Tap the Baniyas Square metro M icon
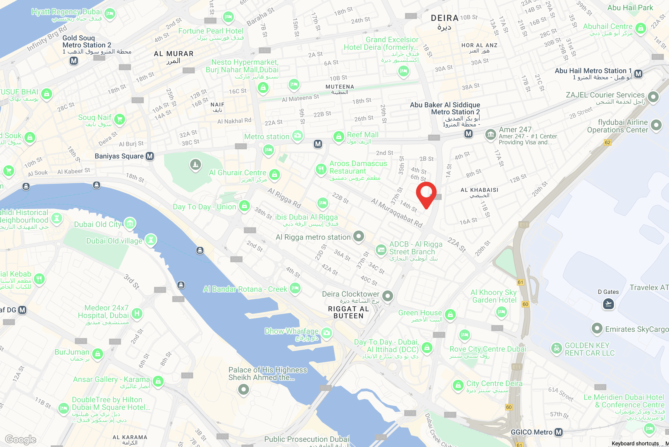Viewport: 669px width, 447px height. (x=150, y=156)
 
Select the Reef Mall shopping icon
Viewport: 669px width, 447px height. (x=339, y=137)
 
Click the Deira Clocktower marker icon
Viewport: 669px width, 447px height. (x=388, y=296)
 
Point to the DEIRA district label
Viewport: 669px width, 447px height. (x=444, y=18)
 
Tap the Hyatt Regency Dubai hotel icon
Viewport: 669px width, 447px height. (x=110, y=13)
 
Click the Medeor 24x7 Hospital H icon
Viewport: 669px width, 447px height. (x=137, y=313)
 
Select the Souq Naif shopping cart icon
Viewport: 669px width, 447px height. (x=120, y=119)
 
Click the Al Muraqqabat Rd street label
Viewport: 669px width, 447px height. (x=396, y=213)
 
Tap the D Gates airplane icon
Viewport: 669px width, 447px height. (x=608, y=304)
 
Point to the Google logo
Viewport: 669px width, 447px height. (x=21, y=439)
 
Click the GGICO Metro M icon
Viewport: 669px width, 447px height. (x=559, y=432)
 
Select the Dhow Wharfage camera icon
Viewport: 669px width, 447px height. (x=327, y=332)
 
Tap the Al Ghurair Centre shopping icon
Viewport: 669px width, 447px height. (x=274, y=174)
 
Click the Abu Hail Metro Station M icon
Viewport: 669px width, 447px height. (x=638, y=73)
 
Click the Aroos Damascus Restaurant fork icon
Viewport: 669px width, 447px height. (x=321, y=169)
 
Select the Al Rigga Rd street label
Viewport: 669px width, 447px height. (x=284, y=198)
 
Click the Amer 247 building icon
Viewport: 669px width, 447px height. (x=490, y=134)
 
